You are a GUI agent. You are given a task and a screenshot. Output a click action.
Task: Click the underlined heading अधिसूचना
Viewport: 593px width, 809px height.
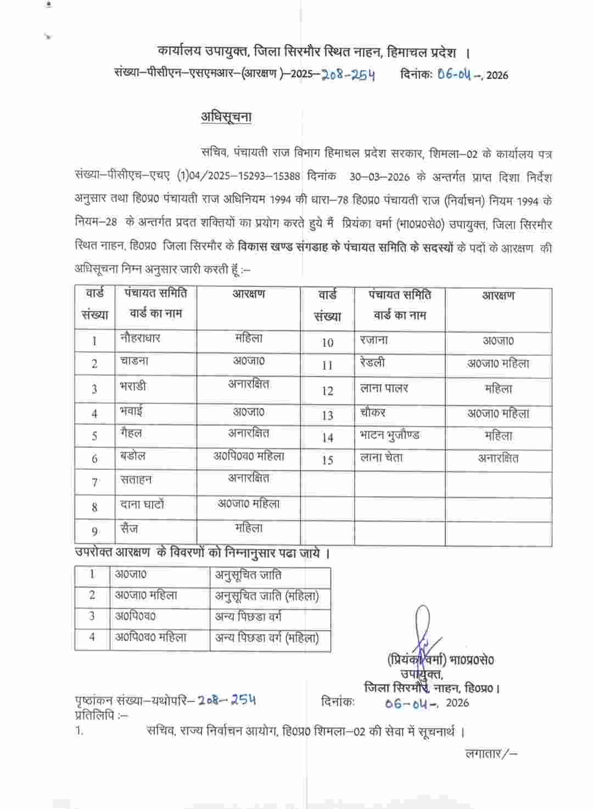click(x=226, y=117)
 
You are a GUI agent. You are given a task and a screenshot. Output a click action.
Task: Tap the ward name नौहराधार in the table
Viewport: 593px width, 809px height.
click(x=140, y=338)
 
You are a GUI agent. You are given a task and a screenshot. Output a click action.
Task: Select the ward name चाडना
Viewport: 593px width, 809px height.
click(x=134, y=361)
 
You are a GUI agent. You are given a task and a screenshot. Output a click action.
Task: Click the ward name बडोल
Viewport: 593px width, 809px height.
click(x=133, y=456)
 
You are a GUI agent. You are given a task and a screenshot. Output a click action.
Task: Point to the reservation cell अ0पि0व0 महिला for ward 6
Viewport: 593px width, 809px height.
click(x=249, y=456)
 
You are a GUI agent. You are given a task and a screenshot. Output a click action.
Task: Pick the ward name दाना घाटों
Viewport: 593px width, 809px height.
click(x=142, y=504)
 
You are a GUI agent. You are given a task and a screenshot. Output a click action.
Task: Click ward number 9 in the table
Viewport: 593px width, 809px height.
click(x=94, y=531)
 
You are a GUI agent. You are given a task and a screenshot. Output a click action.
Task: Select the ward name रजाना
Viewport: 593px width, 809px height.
click(x=374, y=340)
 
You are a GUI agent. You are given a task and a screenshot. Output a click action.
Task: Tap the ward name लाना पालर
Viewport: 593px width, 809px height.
click(x=384, y=389)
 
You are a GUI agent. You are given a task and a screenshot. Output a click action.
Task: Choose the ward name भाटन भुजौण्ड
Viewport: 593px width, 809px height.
click(x=389, y=436)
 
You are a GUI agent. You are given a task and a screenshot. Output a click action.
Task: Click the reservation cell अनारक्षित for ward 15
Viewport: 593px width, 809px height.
click(x=498, y=458)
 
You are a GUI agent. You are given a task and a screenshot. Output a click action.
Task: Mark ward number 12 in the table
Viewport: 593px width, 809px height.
click(x=327, y=391)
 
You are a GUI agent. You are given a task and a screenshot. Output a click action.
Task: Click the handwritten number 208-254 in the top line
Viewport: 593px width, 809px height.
click(x=348, y=75)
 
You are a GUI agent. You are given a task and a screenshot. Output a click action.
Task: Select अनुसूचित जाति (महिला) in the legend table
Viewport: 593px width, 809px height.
click(x=267, y=596)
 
